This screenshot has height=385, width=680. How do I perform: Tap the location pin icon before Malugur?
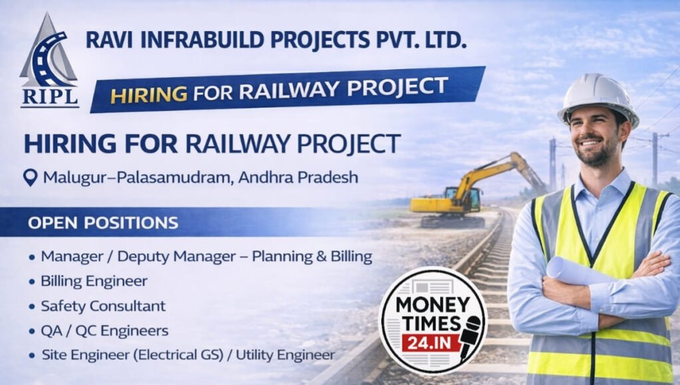30,178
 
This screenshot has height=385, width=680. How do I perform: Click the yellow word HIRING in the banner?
149,94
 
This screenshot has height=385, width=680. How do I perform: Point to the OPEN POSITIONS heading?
103,222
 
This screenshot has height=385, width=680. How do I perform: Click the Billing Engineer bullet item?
94,281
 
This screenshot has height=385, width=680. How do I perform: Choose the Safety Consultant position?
103,306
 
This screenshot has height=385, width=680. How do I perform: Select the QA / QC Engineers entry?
104,331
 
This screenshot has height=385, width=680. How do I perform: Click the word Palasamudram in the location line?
153,177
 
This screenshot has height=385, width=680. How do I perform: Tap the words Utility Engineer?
292,355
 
